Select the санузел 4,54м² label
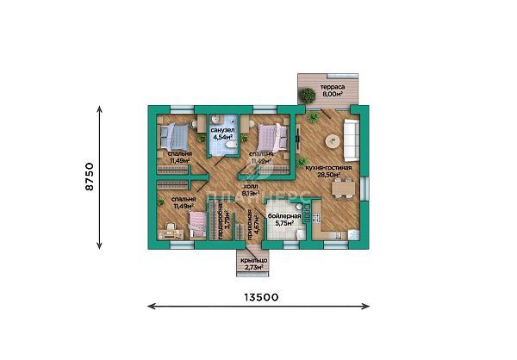[223, 132]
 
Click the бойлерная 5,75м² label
[284, 219]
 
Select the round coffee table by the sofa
[331, 142]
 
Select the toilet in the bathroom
[217, 119]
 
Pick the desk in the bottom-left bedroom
[171, 231]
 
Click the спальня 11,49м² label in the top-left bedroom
[181, 156]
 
